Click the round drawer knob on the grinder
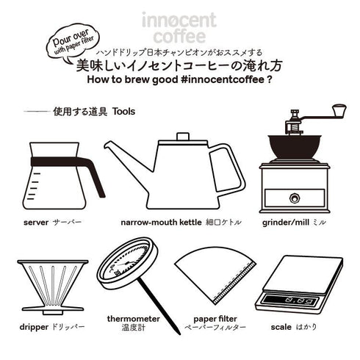(x=295, y=198)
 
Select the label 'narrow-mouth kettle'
(x=160, y=221)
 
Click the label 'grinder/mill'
(x=283, y=221)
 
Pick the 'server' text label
(x=36, y=221)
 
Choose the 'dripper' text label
(x=32, y=324)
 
